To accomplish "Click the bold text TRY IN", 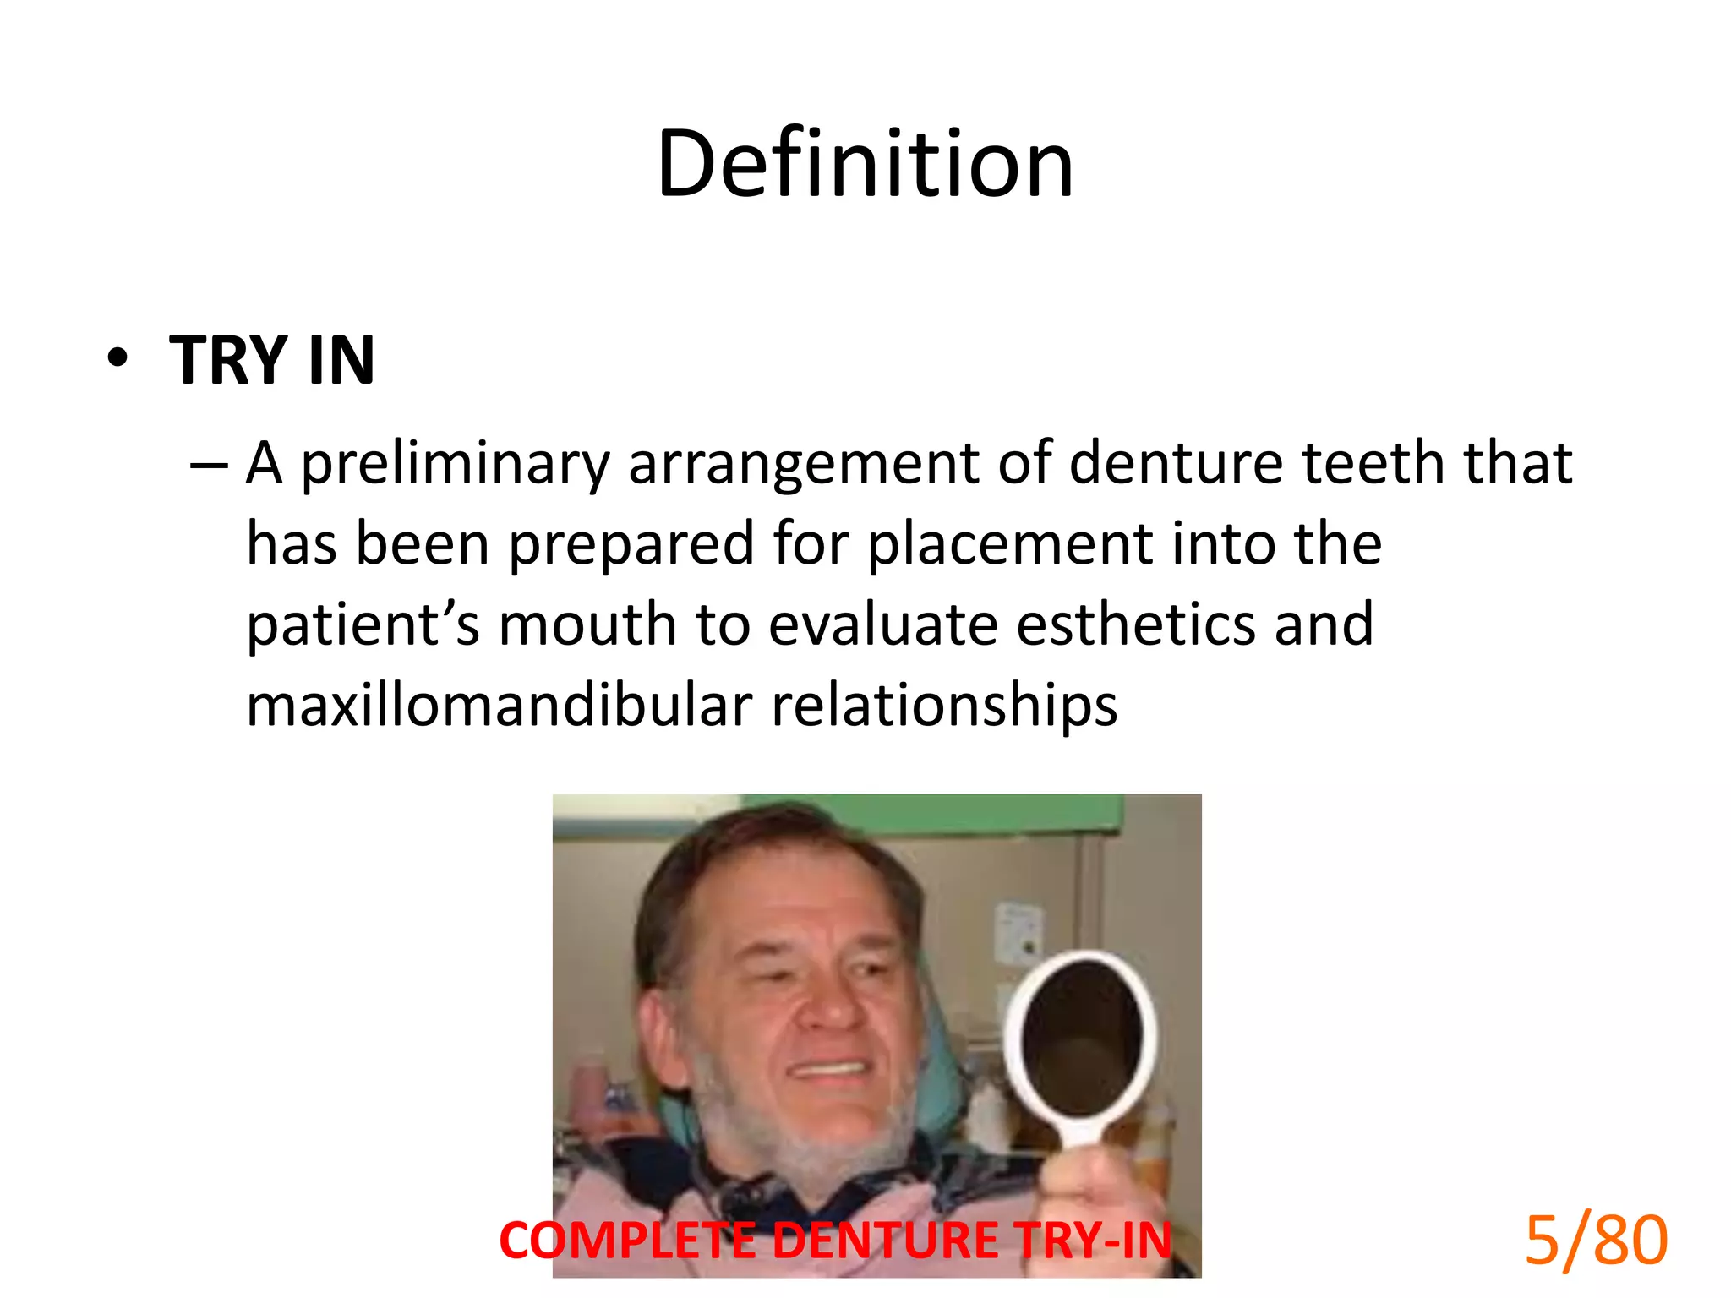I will click(x=272, y=361).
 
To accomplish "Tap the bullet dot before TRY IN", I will click(x=118, y=358).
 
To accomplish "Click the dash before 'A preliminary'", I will click(x=209, y=466).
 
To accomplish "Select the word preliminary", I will click(x=455, y=464).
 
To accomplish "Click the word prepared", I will click(x=631, y=544).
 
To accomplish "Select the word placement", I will click(x=1010, y=544).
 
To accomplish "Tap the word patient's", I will click(x=363, y=625).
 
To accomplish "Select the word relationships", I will click(x=944, y=706).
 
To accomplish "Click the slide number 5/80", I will click(x=1595, y=1241).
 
